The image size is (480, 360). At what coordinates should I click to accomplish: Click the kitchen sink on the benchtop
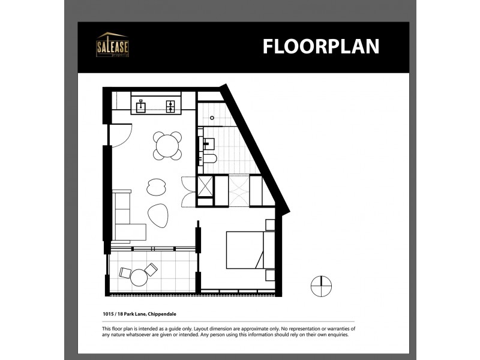point(141,107)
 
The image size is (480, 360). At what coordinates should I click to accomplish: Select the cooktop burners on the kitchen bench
point(170,107)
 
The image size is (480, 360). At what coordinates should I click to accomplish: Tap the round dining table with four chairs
point(167,146)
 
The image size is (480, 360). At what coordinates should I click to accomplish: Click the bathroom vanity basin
point(208,143)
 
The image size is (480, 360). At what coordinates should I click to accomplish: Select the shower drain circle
point(203,119)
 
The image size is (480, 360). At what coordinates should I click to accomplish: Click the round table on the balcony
point(139,277)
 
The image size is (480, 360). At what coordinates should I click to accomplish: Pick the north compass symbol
point(321,286)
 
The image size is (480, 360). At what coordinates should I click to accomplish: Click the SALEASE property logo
point(112,45)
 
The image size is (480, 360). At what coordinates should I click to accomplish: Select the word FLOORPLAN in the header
point(320,46)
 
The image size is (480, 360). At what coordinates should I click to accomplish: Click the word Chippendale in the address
point(159,314)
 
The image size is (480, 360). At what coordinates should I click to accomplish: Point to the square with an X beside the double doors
point(205,187)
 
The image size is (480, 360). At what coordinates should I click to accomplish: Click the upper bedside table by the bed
point(269,225)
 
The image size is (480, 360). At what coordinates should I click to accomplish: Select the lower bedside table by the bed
point(269,275)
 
